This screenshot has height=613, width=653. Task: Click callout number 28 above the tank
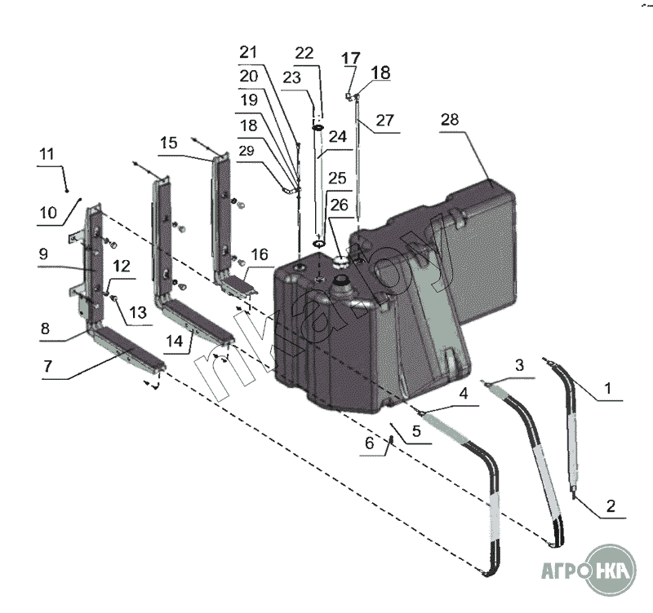pyautogui.click(x=450, y=118)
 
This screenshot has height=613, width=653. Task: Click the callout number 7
pyautogui.click(x=48, y=367)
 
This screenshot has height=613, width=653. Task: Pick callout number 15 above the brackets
pyautogui.click(x=168, y=143)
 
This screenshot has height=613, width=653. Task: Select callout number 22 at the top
pyautogui.click(x=304, y=53)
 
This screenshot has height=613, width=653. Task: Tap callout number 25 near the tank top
pyautogui.click(x=337, y=177)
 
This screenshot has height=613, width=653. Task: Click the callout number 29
pyautogui.click(x=247, y=151)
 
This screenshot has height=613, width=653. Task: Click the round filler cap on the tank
pyautogui.click(x=339, y=262)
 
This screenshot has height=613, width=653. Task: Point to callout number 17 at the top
pyautogui.click(x=350, y=58)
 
